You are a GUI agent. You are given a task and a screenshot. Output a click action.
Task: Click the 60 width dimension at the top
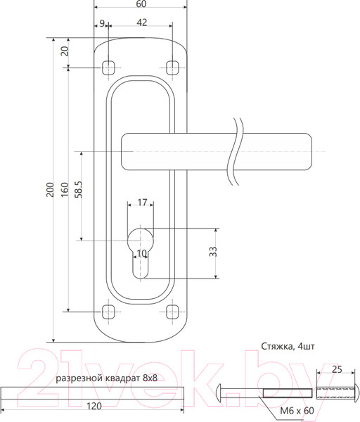point(141,4)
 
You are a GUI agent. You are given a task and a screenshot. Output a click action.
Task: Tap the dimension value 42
point(142,23)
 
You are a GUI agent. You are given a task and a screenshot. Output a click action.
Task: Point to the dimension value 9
point(102,23)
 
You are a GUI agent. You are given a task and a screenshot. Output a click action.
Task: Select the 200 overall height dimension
point(50,189)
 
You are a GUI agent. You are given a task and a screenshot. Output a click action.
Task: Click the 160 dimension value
point(65,189)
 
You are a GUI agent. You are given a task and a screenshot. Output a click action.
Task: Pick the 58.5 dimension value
point(78,189)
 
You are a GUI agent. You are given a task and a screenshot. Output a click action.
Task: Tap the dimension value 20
point(65,51)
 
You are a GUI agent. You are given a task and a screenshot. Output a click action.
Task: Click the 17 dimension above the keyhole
point(142,202)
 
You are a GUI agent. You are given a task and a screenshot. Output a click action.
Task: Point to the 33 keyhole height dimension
point(212,251)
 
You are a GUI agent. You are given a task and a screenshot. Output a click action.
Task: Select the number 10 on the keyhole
point(142,253)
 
